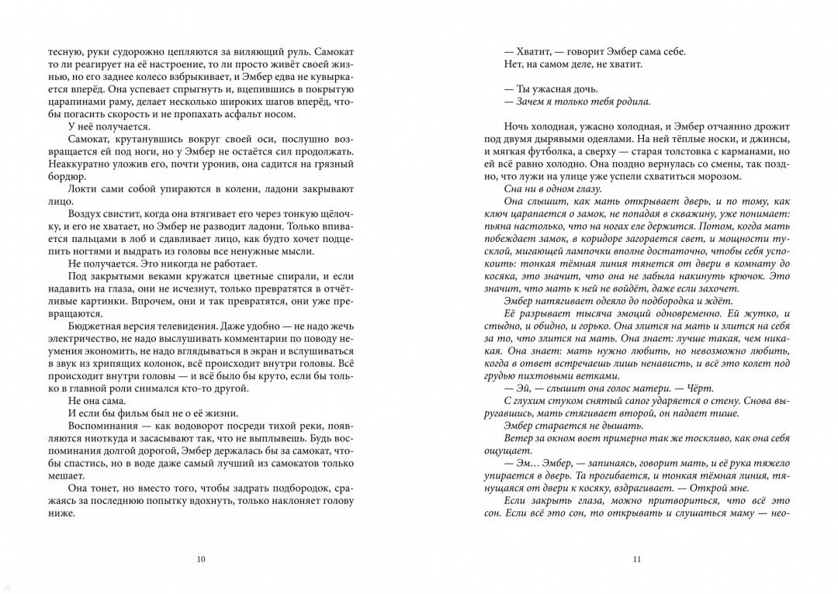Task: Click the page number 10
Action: click(x=202, y=559)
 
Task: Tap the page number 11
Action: click(x=636, y=559)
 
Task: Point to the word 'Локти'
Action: click(x=82, y=189)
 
